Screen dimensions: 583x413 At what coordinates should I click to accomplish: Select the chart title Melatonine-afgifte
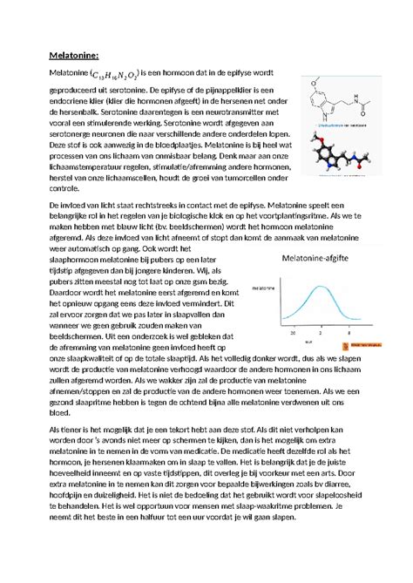point(317,258)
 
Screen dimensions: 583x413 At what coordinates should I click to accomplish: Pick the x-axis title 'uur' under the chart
point(321,342)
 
